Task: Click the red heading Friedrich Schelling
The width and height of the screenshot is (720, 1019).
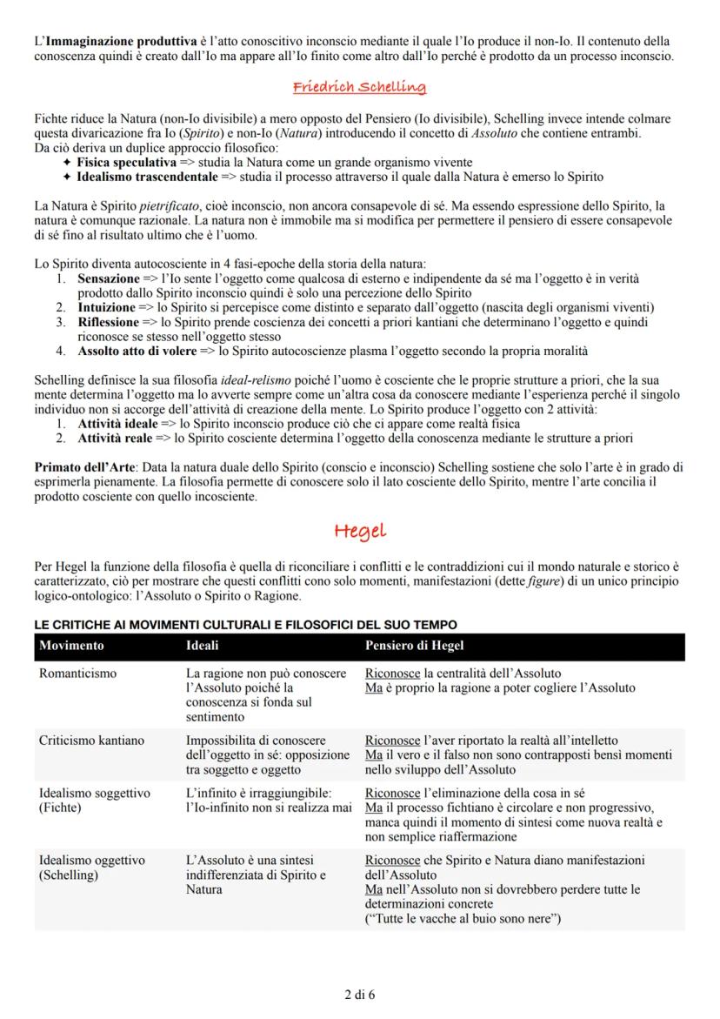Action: point(359,87)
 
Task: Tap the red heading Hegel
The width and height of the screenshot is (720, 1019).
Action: point(359,530)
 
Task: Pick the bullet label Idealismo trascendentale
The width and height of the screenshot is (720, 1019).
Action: point(146,177)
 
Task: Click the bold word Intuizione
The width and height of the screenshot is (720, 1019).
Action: point(107,307)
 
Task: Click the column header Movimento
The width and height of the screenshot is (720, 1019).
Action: point(71,646)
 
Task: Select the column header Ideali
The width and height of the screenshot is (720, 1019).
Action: point(203,646)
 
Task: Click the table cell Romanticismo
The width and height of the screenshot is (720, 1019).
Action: point(77,673)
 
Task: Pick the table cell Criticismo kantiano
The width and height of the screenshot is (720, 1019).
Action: point(91,741)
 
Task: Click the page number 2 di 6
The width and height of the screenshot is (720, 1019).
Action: point(359,994)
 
